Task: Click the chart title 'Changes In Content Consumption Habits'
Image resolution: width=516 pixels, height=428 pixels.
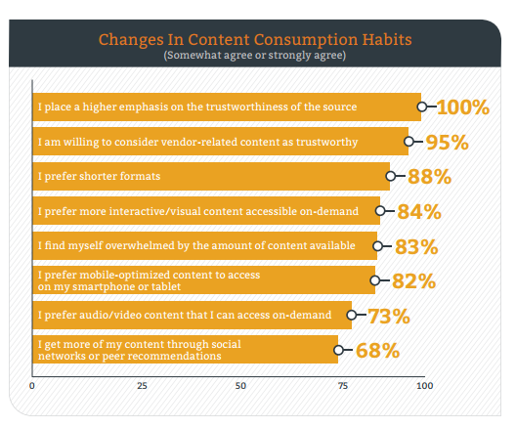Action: pos(255,40)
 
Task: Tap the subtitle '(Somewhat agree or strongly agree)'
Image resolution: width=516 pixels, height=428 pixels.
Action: pos(255,55)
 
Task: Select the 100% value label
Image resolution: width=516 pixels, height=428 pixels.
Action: pos(463,107)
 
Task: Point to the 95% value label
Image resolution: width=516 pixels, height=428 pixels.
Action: pos(448,142)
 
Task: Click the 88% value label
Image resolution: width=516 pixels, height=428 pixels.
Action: pos(429,177)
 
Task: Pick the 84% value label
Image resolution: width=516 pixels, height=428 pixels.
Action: pos(419,211)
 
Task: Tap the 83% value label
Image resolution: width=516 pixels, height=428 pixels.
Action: pos(416,246)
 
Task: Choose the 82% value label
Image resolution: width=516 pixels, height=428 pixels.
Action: pos(414,281)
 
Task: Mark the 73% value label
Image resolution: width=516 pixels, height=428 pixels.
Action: pos(389,317)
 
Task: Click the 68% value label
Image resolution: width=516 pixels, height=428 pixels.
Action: pos(378,351)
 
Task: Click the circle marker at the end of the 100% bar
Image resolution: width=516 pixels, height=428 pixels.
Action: pos(422,107)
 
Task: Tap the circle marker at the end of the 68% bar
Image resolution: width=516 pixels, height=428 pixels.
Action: pos(338,350)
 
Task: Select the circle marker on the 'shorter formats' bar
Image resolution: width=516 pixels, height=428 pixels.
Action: pos(391,176)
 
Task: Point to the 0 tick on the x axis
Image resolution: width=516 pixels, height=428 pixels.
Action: pos(32,386)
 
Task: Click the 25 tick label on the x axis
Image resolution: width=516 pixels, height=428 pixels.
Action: pos(142,386)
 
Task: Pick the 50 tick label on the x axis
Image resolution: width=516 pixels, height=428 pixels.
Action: pos(240,386)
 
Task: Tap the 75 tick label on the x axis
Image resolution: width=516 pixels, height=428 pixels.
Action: pos(343,386)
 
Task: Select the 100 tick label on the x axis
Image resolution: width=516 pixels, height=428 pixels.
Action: pos(425,386)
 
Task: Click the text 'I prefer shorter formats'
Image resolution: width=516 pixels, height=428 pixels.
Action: pos(99,176)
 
